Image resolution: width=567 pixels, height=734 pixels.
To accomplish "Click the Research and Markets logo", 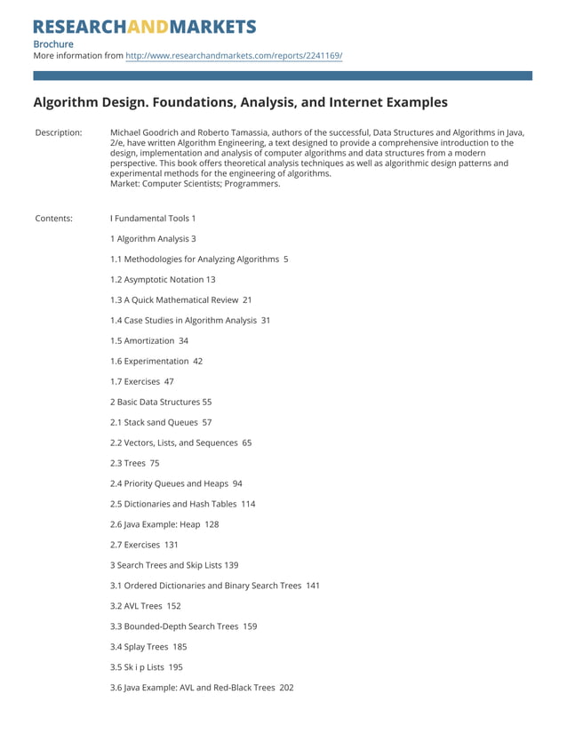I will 145,26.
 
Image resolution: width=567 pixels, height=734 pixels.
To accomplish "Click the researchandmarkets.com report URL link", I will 234,55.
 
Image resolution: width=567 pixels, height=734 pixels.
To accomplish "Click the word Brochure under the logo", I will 53,44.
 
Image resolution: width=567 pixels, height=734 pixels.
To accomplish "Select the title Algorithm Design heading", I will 240,102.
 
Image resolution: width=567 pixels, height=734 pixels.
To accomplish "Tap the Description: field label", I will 59,132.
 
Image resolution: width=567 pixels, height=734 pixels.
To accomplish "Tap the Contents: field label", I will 54,218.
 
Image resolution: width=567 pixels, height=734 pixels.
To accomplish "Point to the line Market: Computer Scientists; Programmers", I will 195,184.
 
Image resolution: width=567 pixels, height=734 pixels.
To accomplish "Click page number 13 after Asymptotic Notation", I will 210,279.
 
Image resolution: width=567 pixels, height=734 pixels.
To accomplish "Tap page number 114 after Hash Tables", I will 248,504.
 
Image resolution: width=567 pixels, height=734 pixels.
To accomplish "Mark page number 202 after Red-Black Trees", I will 286,688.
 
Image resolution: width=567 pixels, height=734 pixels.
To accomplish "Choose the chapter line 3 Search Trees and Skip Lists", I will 174,565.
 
